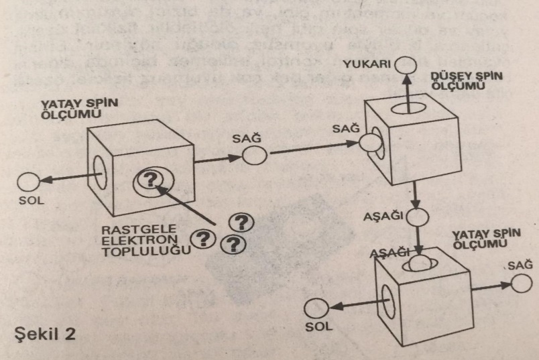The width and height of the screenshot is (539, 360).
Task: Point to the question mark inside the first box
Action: coord(151,179)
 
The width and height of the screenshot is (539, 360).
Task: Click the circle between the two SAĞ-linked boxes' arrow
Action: coord(255,155)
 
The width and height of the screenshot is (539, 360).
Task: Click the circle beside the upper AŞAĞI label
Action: coord(417,218)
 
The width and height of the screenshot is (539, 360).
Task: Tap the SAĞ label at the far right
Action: coord(514,266)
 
